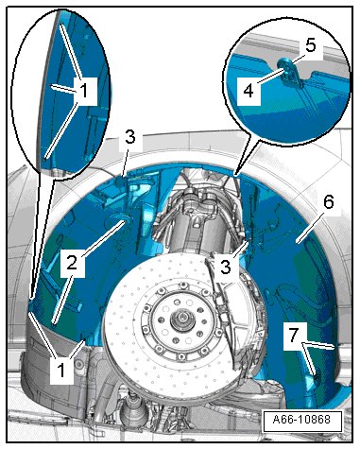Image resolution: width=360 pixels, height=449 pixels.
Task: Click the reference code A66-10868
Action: pyautogui.click(x=301, y=420)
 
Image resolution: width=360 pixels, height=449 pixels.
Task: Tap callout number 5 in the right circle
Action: pyautogui.click(x=310, y=45)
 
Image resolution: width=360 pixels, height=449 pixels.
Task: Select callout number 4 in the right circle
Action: pyautogui.click(x=249, y=91)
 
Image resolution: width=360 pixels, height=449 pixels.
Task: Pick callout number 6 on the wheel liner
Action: pyautogui.click(x=328, y=202)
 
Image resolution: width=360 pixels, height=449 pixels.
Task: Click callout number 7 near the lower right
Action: pyautogui.click(x=294, y=336)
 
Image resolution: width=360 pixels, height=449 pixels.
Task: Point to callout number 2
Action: pyautogui.click(x=72, y=262)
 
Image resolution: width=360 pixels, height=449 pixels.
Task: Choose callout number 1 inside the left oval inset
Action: pyautogui.click(x=83, y=91)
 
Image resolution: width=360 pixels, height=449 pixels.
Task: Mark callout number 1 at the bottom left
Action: pyautogui.click(x=61, y=370)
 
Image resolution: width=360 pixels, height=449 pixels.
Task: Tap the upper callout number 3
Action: pyautogui.click(x=129, y=137)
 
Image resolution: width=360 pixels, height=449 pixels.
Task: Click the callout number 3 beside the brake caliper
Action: pyautogui.click(x=226, y=267)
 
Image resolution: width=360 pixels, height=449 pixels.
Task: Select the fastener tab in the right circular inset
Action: pyautogui.click(x=289, y=72)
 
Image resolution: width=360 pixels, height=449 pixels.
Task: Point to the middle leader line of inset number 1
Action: pyautogui.click(x=64, y=89)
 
